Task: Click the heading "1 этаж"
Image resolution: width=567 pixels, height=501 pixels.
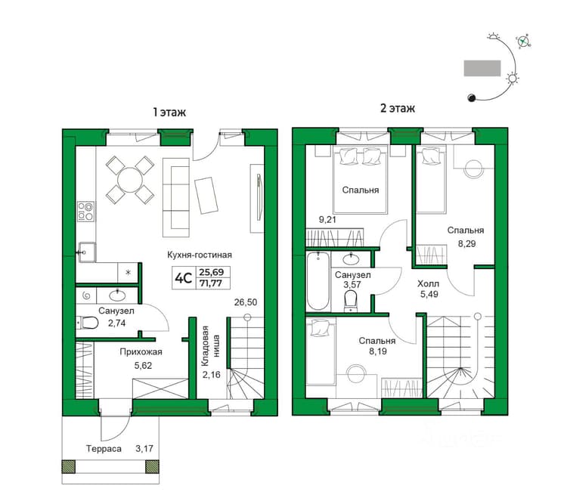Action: (169, 112)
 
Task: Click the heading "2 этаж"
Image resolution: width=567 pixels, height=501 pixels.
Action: (398, 108)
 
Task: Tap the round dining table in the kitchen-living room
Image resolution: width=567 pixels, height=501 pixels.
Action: (130, 180)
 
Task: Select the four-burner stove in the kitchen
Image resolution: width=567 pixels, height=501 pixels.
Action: (86, 212)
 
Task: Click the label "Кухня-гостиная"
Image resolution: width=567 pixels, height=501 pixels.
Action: (200, 255)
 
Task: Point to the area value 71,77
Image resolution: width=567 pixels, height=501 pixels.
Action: (211, 283)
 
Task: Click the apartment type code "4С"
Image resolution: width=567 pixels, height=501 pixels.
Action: (183, 278)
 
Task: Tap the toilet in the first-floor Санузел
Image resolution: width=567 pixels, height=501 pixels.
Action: (88, 323)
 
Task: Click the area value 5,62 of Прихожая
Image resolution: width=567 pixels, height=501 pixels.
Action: (143, 366)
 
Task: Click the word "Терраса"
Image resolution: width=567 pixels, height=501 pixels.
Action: (104, 449)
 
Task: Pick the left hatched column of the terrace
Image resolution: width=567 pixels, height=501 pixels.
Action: (68, 466)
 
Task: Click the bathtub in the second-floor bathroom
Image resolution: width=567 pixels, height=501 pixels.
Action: (318, 281)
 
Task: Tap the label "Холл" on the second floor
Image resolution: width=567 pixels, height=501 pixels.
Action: (428, 283)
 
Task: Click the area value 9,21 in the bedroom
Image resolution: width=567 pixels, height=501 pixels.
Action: (327, 219)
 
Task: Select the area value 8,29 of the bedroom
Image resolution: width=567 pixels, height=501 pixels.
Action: (467, 243)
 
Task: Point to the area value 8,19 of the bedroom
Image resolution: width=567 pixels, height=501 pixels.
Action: (378, 351)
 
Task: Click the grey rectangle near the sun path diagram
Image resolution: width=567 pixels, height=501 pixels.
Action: (482, 68)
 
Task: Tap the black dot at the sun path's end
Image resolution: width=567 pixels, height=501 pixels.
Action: (472, 97)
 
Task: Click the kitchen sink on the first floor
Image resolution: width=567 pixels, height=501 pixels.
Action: (86, 252)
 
